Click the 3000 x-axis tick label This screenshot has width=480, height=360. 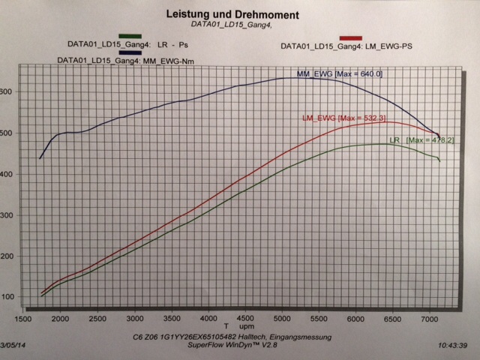pyautogui.click(x=135, y=317)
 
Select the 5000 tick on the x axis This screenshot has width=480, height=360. pyautogui.click(x=282, y=317)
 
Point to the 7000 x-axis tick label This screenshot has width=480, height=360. pyautogui.click(x=430, y=317)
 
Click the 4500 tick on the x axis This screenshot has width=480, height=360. pyautogui.click(x=245, y=317)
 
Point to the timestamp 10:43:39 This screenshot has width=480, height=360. pyautogui.click(x=457, y=346)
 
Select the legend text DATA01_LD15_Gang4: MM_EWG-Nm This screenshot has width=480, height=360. pyautogui.click(x=117, y=60)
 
